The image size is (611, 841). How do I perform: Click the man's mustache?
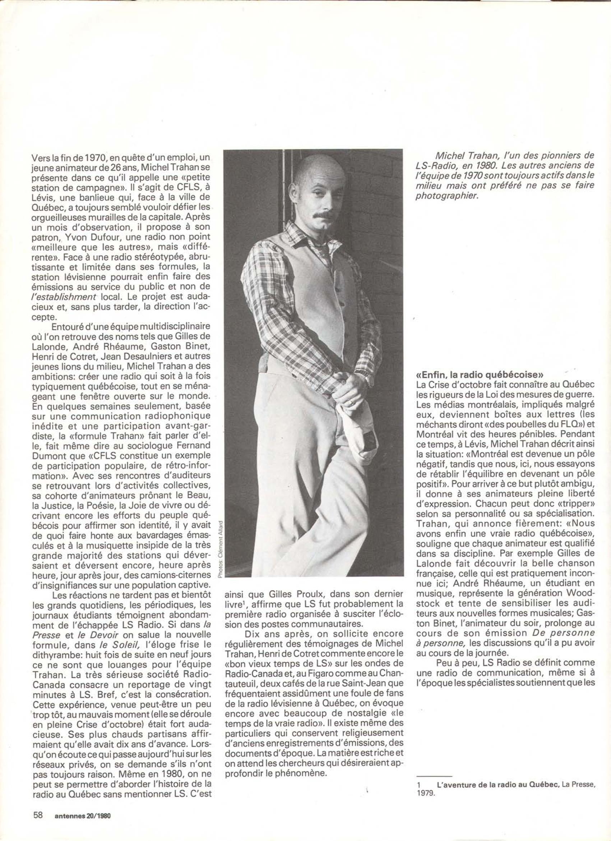tap(320, 215)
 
